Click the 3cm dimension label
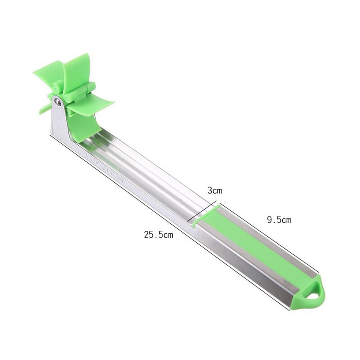(215, 190)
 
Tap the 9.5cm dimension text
(279, 220)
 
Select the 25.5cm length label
(158, 234)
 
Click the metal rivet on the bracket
(58, 102)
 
